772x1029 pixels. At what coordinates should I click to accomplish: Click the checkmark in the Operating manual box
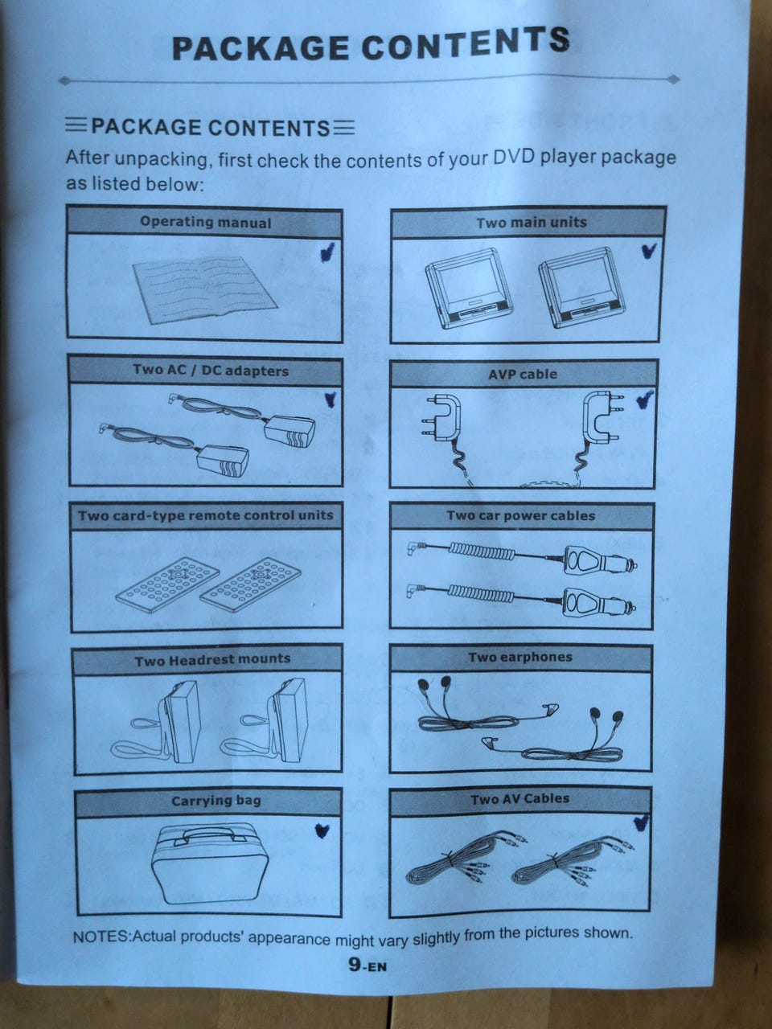tap(327, 252)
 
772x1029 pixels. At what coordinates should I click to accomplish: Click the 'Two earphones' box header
tap(520, 658)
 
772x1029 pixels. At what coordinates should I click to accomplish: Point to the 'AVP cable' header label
tap(523, 374)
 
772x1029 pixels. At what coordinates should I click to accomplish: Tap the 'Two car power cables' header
tap(521, 515)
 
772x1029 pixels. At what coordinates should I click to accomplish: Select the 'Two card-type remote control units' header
tap(205, 515)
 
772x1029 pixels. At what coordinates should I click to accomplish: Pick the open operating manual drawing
tap(205, 289)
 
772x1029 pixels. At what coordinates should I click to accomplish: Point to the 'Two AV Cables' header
tap(520, 799)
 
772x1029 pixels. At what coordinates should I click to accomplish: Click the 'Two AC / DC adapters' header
tap(211, 371)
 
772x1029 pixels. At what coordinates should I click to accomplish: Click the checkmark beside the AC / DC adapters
tap(331, 399)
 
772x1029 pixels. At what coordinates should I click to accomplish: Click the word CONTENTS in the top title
tap(465, 44)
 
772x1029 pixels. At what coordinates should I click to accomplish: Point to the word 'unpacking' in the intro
tap(160, 159)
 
